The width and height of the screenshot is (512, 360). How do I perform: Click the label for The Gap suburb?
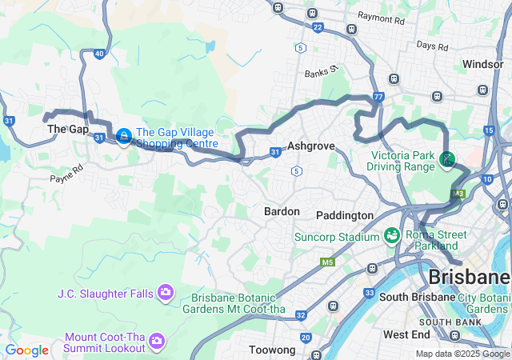[67, 129]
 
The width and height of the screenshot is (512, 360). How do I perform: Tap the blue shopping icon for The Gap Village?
[123, 137]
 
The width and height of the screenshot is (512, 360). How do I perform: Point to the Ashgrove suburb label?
[310, 146]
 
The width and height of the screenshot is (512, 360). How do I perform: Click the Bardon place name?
[282, 211]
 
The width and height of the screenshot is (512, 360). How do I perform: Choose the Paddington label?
[345, 215]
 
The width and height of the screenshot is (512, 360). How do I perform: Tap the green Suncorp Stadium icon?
[391, 236]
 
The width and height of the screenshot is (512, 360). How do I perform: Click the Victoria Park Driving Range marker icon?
[446, 160]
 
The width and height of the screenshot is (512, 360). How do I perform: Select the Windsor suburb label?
[482, 63]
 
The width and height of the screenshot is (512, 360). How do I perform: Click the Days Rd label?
[432, 46]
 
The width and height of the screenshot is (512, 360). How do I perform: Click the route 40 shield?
[99, 54]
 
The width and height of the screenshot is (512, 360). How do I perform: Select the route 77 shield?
[378, 97]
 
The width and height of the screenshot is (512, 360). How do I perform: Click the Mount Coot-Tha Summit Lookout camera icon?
[157, 342]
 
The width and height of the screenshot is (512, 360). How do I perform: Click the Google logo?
[27, 350]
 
